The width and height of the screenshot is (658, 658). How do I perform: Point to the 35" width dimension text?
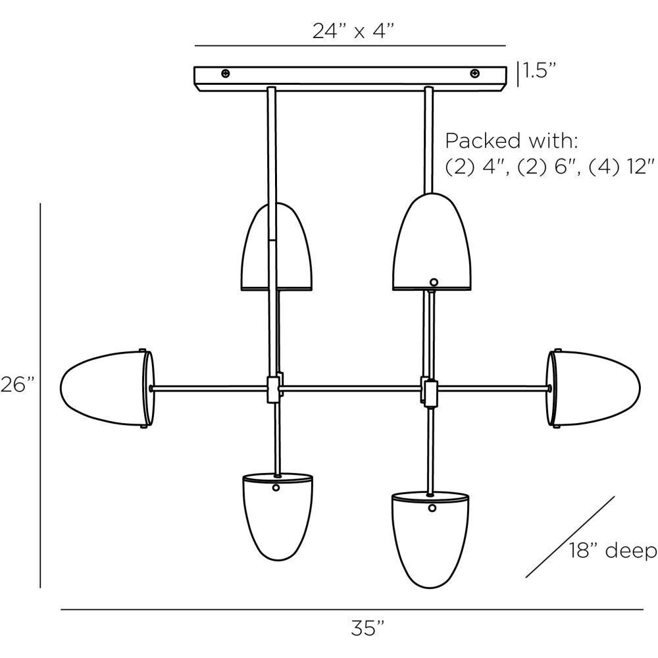click(363, 628)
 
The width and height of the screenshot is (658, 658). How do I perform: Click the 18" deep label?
click(612, 550)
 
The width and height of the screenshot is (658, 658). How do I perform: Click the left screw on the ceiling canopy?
click(226, 73)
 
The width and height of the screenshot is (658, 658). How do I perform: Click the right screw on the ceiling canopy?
click(474, 73)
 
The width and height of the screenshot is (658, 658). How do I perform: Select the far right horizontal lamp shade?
click(595, 389)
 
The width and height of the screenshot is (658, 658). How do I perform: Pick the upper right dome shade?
click(432, 244)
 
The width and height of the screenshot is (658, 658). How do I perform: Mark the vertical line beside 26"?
click(41, 395)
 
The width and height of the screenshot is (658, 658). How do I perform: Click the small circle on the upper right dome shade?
click(433, 282)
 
